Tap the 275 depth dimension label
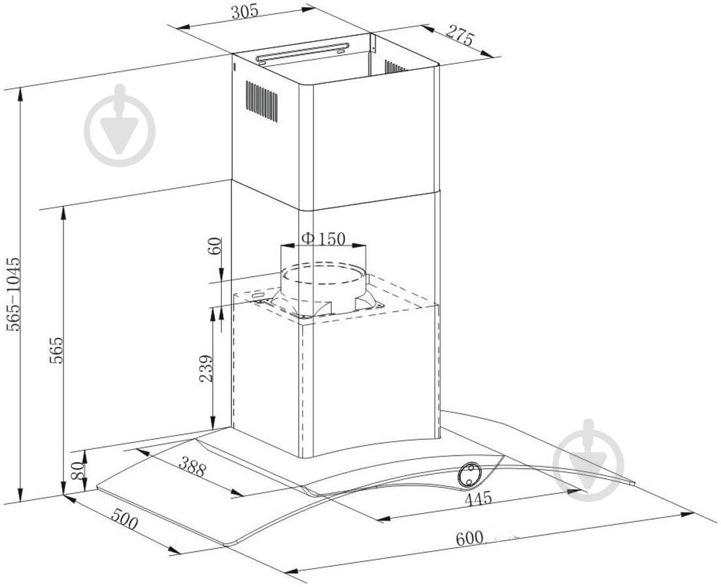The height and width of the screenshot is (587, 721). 460,38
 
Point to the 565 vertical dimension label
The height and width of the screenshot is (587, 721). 57,350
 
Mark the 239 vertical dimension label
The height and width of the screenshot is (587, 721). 206,369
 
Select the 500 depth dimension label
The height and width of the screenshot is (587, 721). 124,522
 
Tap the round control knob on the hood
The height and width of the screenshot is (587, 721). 469,474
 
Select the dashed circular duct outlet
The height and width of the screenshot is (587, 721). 323,278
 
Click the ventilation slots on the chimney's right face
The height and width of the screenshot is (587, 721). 395,67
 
